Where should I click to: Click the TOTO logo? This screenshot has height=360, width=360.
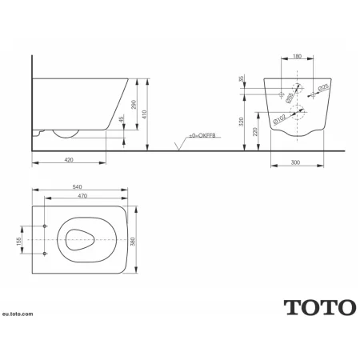click(x=318, y=306)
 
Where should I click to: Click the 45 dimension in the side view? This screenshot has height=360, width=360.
click(x=122, y=121)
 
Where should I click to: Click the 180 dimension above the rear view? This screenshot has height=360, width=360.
click(x=297, y=58)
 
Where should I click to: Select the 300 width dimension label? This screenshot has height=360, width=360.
click(x=297, y=161)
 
